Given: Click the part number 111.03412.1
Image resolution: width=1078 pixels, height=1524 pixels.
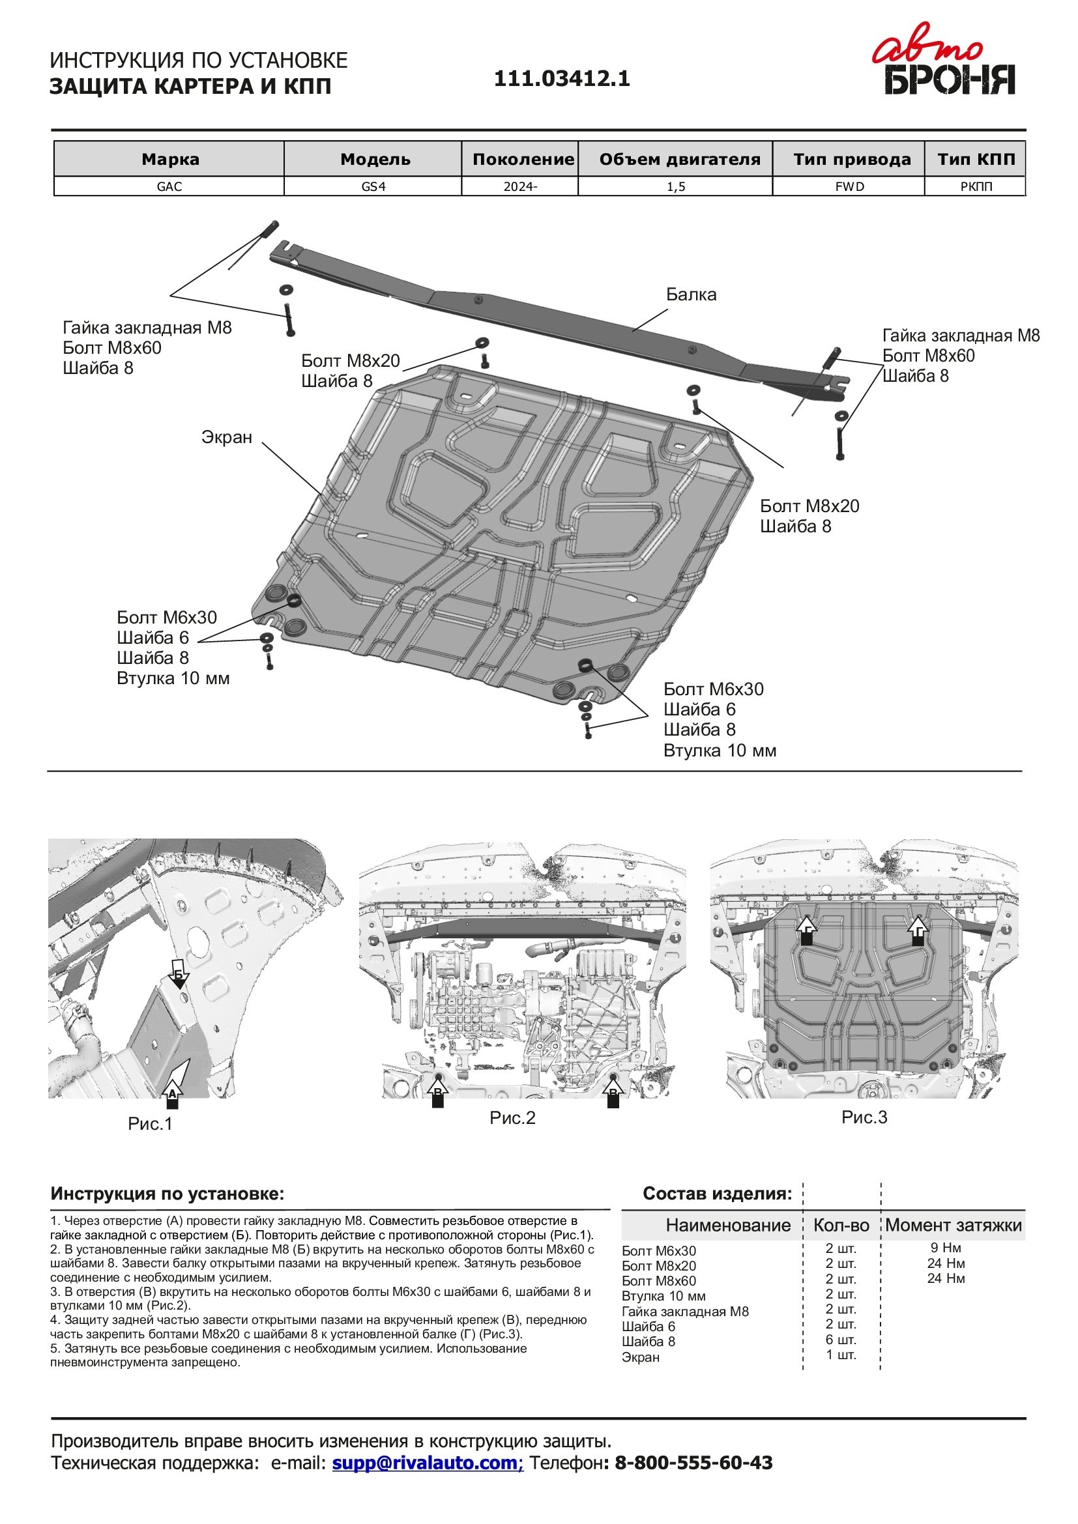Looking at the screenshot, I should [x=562, y=79].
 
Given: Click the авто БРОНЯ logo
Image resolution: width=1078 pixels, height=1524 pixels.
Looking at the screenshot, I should [x=949, y=67].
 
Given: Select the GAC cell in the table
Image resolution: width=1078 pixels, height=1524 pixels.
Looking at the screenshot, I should [x=169, y=186].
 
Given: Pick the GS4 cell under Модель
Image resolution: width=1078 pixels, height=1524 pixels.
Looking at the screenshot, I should [x=373, y=186].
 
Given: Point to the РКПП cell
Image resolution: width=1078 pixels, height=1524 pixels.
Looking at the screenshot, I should [x=976, y=186].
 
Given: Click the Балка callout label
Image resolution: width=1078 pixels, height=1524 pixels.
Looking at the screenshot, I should [x=691, y=295].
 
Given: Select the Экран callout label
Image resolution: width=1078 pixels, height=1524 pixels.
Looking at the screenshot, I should [x=227, y=437].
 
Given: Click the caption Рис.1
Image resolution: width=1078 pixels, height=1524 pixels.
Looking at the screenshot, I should [x=150, y=1123].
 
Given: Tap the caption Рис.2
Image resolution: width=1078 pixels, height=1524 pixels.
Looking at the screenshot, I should [x=512, y=1118].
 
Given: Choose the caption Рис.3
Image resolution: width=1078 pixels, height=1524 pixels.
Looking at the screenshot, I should [x=864, y=1117].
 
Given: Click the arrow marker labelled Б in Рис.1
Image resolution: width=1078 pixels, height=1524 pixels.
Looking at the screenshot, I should [x=179, y=974].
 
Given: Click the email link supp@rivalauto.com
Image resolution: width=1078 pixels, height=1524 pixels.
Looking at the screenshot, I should [x=428, y=1462].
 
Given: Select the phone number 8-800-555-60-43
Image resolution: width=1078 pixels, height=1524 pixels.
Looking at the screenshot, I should [x=693, y=1462].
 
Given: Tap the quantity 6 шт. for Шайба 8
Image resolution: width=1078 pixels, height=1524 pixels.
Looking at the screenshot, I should [x=841, y=1340].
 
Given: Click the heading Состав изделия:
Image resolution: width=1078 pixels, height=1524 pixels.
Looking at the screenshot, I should [x=717, y=1194].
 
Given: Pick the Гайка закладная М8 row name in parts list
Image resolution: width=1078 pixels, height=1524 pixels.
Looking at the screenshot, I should [x=685, y=1311].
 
